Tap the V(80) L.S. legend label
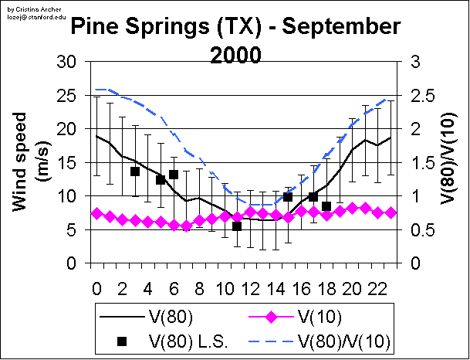click(x=189, y=340)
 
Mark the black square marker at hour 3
click(x=135, y=172)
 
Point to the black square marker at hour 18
click(x=326, y=206)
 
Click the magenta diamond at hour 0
click(x=96, y=213)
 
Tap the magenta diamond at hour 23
click(x=391, y=212)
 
